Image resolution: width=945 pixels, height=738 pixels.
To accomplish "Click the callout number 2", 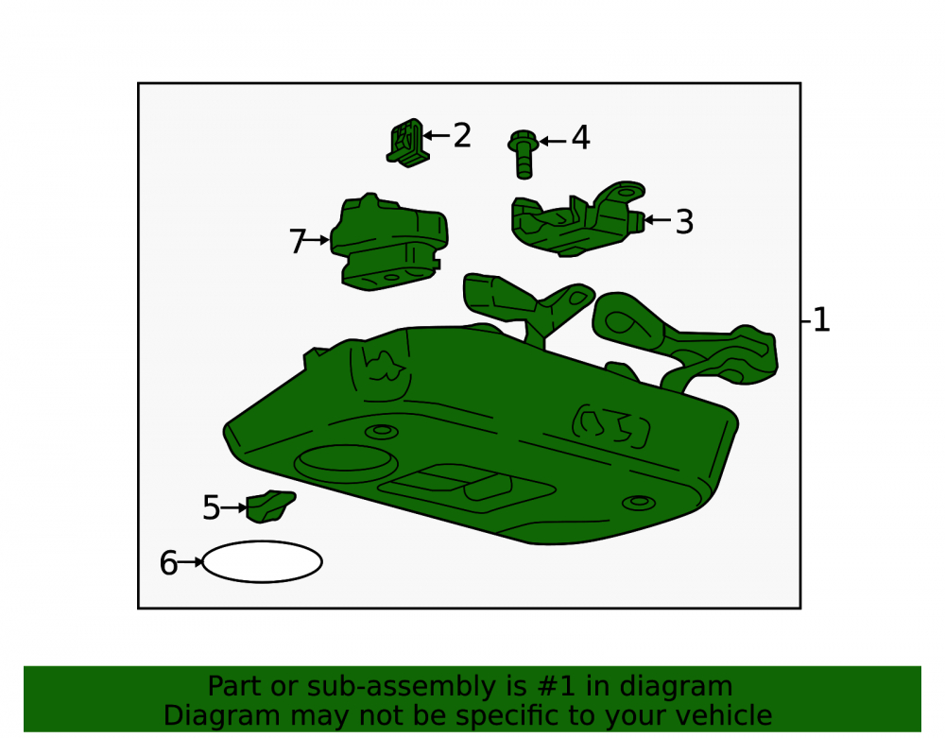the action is coord(462,135).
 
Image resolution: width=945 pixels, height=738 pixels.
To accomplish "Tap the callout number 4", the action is coord(580,138).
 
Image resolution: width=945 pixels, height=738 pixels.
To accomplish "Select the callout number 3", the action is coord(684,222).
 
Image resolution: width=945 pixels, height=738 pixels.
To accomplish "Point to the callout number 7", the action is coord(298,242).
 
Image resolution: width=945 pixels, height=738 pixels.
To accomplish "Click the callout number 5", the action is coord(212,507).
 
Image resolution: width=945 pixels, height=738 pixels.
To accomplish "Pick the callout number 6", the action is coord(168,563).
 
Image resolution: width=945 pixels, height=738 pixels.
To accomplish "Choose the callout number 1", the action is coord(821,320).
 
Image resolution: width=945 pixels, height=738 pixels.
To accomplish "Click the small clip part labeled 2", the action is coord(409,143).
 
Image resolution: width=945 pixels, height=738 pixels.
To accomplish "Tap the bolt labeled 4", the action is coord(524,154).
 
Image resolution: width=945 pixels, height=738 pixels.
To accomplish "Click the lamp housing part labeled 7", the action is coord(388,243).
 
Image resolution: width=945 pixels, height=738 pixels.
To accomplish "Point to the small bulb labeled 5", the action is coord(270,506).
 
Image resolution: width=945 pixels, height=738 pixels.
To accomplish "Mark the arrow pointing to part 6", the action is coord(191,562).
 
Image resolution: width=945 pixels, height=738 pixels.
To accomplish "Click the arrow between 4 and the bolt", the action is coord(553,142).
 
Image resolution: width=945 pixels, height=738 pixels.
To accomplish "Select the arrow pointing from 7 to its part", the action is coord(316,240).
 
